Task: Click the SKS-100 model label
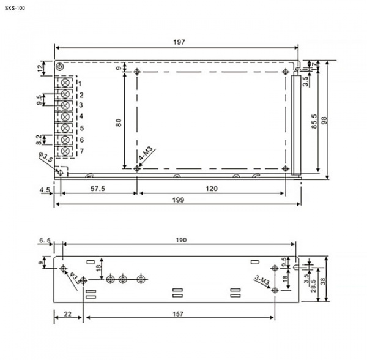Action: tap(15, 8)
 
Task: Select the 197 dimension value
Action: tap(179, 42)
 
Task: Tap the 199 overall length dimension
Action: tap(179, 200)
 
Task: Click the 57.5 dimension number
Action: tap(98, 189)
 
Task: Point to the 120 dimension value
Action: tap(212, 189)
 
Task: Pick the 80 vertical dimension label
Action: tap(119, 122)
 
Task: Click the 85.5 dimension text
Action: tap(314, 121)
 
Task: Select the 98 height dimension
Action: tap(324, 121)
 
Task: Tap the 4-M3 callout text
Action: tap(146, 153)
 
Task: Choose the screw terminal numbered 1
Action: tap(65, 83)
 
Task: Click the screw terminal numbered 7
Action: tap(65, 151)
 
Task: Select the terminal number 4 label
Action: tap(81, 116)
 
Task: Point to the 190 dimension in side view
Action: tap(181, 240)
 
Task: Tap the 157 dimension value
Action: tap(178, 314)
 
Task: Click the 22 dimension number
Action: tap(68, 314)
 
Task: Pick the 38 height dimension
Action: tap(323, 281)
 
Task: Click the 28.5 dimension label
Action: tap(314, 285)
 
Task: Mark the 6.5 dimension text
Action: tap(45, 241)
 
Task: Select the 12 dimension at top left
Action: tap(40, 68)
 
